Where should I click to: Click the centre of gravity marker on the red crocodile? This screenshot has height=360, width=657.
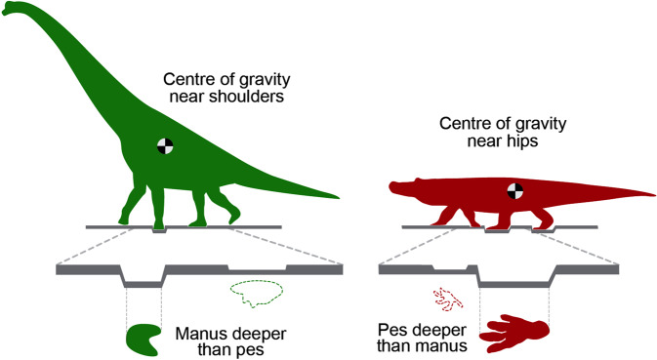click(x=514, y=190)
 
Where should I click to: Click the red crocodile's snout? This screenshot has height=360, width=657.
click(x=395, y=184)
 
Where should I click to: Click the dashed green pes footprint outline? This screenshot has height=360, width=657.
click(x=255, y=291)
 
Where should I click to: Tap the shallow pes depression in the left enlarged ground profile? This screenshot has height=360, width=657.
click(x=257, y=269)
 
